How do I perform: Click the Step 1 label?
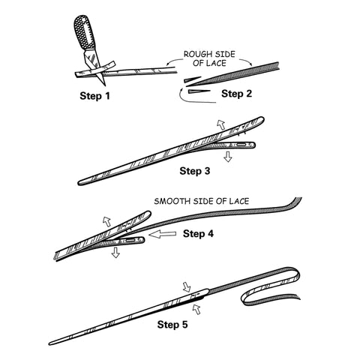tap(94, 96)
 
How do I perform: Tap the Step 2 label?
tap(236, 94)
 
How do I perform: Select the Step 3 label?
tap(195, 171)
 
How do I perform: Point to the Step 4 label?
tap(198, 234)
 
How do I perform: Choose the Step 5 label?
tap(172, 325)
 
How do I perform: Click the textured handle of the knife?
tap(85, 32)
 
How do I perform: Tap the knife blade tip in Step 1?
tap(104, 85)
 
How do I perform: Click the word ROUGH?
tap(195, 54)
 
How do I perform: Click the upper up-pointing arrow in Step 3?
tap(221, 124)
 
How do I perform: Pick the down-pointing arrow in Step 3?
tap(227, 157)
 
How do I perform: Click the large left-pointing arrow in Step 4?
tap(163, 234)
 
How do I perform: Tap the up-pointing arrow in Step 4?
tap(107, 221)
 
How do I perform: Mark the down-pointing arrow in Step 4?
tap(115, 252)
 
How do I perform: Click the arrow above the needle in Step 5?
tap(187, 287)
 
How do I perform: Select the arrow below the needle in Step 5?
tap(196, 309)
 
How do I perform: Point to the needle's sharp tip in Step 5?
tap(49, 344)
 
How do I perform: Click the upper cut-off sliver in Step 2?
tap(193, 79)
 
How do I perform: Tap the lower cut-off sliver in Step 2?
tap(199, 91)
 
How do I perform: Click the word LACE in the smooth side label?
tap(239, 201)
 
